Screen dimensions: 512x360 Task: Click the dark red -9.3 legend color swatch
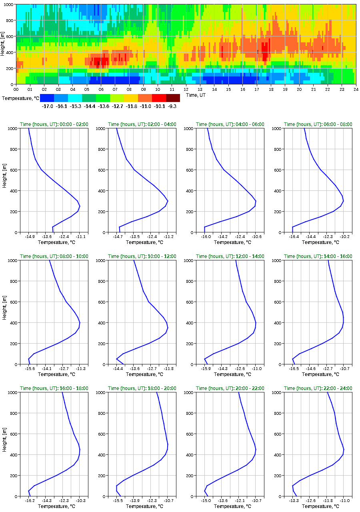(x=173, y=98)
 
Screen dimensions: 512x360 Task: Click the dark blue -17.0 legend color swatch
(x=47, y=98)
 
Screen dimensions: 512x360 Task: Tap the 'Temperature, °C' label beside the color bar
(x=20, y=98)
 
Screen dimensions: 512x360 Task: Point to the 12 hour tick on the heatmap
(x=186, y=89)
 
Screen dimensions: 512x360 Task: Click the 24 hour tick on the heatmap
(x=356, y=89)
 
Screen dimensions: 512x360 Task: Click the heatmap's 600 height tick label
(x=10, y=36)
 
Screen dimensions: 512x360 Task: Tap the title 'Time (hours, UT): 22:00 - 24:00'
(x=318, y=388)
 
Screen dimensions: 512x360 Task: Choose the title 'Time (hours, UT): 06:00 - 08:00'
(x=318, y=124)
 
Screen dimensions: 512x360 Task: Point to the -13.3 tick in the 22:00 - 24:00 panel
(x=294, y=501)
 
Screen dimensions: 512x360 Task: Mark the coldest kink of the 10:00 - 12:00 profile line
(x=116, y=359)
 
